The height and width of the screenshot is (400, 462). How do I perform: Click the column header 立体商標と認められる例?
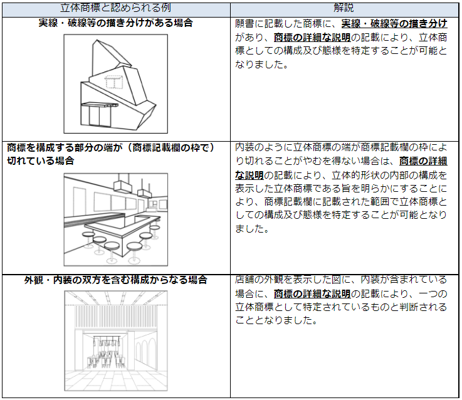pyautogui.click(x=115, y=8)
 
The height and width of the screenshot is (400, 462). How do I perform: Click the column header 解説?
pyautogui.click(x=344, y=8)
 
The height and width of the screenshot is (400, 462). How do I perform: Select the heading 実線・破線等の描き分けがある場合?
pyautogui.click(x=115, y=23)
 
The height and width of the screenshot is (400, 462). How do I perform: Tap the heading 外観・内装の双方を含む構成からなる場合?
pyautogui.click(x=115, y=280)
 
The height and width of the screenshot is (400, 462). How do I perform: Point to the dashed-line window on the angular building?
pyautogui.click(x=113, y=82)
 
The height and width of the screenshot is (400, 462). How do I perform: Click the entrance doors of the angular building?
pyautogui.click(x=95, y=116)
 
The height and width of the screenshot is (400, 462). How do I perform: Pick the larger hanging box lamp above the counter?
pyautogui.click(x=122, y=186)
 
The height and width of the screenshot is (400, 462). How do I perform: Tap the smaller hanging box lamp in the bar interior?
pyautogui.click(x=145, y=192)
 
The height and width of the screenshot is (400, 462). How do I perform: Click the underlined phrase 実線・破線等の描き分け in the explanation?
pyautogui.click(x=394, y=24)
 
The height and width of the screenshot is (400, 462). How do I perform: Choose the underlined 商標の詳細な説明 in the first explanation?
pyautogui.click(x=312, y=38)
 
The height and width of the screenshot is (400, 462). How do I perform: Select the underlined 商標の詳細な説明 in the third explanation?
pyautogui.click(x=312, y=294)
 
